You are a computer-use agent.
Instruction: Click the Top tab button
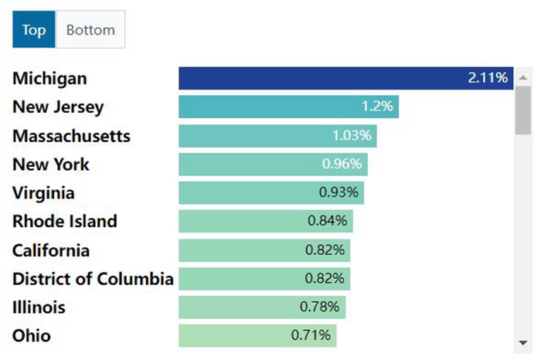34,30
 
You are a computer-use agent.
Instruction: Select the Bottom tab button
90,30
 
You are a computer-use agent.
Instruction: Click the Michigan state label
49,79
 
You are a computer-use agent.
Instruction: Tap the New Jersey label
58,107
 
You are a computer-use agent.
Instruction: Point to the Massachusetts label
71,136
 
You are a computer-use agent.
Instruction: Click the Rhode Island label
65,222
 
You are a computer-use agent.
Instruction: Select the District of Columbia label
93,279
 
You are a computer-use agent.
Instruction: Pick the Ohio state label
32,336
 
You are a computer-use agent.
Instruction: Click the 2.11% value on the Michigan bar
488,78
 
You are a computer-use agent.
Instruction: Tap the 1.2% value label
378,107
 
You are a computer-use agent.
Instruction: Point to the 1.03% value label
352,136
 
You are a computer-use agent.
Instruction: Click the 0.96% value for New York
342,165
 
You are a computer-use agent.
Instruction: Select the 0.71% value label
311,336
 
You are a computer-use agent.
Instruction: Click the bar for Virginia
270,193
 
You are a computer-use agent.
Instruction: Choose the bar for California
264,250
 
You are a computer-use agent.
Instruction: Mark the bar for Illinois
261,307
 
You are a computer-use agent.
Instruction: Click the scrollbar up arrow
523,77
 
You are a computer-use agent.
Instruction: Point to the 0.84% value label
328,222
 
